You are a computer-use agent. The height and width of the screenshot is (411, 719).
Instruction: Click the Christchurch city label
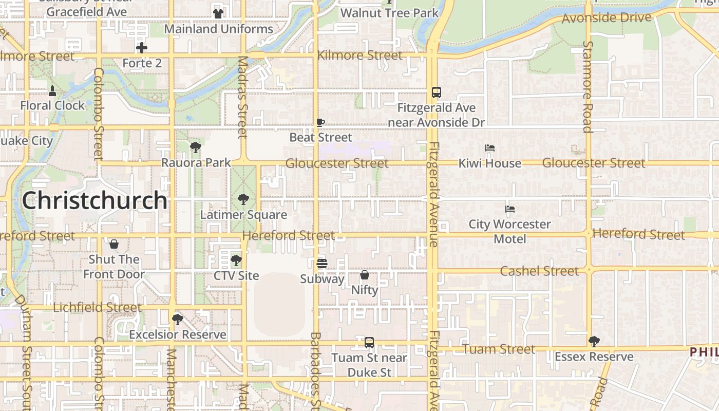click(94, 200)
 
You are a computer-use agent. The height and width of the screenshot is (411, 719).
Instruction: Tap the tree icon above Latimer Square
click(243, 199)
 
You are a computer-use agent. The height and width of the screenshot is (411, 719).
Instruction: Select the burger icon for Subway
click(322, 264)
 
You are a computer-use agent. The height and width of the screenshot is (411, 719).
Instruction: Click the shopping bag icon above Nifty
click(365, 275)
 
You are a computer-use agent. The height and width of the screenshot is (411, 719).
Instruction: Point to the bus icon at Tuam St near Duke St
click(369, 342)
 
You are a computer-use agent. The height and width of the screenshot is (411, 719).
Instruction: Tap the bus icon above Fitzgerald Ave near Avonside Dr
click(436, 92)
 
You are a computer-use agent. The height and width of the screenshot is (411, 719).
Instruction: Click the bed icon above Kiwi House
click(489, 148)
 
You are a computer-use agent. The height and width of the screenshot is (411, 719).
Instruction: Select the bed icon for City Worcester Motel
click(510, 209)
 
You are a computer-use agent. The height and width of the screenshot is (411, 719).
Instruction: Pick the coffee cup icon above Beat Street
click(320, 122)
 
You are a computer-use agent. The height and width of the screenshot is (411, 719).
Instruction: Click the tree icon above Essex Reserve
click(594, 341)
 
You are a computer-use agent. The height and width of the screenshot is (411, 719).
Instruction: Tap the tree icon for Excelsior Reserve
click(178, 320)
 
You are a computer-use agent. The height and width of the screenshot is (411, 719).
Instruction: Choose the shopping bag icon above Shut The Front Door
click(114, 244)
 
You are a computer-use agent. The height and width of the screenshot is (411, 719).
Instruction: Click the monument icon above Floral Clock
click(52, 91)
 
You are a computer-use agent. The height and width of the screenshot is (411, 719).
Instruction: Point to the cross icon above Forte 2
click(142, 48)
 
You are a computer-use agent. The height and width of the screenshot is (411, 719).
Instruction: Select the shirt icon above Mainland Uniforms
click(218, 13)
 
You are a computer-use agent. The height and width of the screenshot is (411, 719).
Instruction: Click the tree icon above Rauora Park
click(195, 147)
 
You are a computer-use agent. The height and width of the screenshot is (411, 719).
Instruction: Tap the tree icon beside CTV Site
click(236, 260)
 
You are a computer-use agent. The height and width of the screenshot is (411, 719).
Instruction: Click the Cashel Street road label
click(539, 271)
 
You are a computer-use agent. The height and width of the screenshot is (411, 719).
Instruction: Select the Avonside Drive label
click(607, 18)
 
